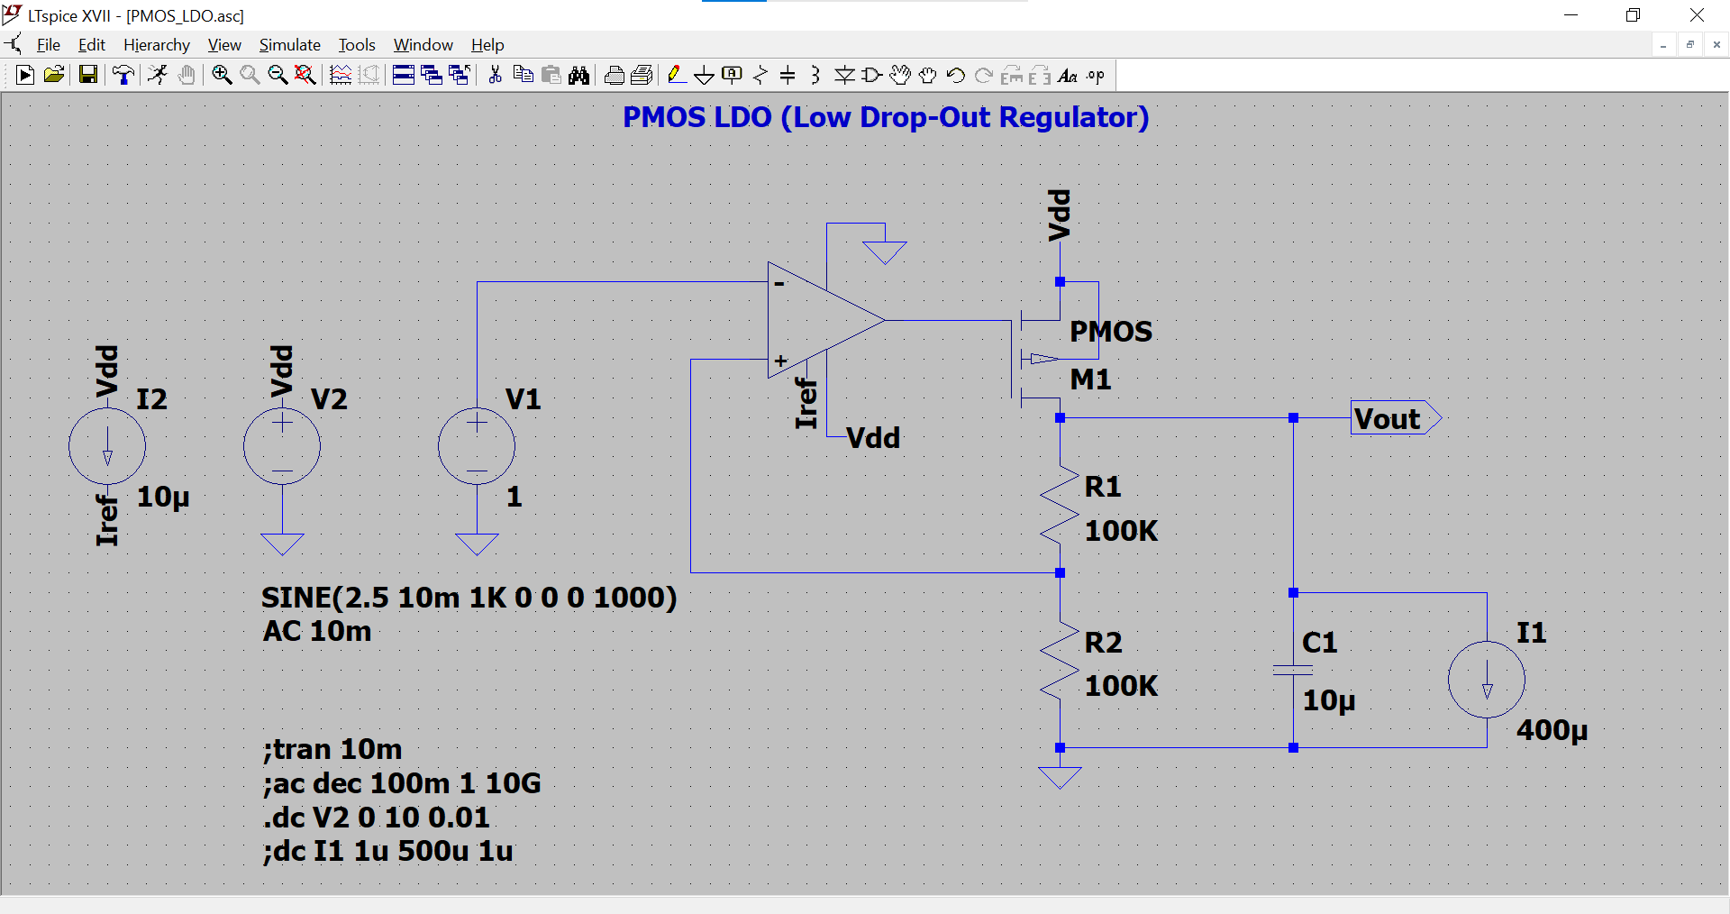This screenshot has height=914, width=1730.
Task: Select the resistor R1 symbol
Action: pos(1060,505)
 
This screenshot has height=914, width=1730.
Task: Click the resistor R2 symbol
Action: pos(1060,661)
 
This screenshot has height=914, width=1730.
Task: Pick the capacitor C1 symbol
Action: pos(1293,670)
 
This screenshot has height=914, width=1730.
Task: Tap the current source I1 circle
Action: pos(1486,680)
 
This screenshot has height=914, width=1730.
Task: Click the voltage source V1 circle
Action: pos(477,446)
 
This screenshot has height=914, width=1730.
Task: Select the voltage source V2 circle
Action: pos(282,446)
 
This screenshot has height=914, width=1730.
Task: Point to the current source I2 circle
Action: pos(107,446)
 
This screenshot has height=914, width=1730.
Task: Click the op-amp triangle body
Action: pos(815,321)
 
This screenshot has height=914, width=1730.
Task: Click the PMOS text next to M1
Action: pos(1110,332)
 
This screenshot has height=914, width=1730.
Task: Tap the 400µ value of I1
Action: pos(1551,730)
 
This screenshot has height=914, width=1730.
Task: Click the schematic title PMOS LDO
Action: pos(885,117)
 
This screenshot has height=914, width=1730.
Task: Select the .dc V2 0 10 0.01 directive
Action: pos(376,818)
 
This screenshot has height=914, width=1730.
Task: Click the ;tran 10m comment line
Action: pos(332,749)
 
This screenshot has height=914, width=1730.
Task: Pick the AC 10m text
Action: pos(316,631)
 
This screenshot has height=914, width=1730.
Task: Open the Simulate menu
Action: pos(289,45)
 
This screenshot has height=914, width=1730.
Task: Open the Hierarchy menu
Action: pos(156,45)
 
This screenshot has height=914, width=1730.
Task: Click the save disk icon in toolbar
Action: pos(87,75)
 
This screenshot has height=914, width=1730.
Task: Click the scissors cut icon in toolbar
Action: pos(495,75)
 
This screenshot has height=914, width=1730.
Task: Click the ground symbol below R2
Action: pos(1060,777)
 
